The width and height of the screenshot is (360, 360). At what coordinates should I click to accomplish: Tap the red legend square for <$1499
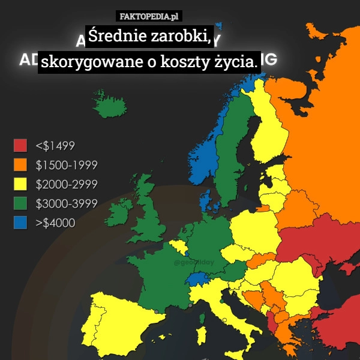pyautogui.click(x=20, y=145)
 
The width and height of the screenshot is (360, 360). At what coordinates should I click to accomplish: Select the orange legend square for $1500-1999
pyautogui.click(x=20, y=164)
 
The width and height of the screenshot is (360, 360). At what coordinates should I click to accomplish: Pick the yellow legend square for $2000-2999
pyautogui.click(x=20, y=184)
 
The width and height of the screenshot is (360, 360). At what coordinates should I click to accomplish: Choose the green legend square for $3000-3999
pyautogui.click(x=20, y=203)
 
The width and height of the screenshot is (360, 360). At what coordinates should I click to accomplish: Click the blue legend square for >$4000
pyautogui.click(x=20, y=223)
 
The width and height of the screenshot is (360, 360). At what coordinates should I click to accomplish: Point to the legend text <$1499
pyautogui.click(x=55, y=145)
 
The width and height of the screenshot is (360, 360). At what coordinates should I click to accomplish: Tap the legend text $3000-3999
pyautogui.click(x=67, y=203)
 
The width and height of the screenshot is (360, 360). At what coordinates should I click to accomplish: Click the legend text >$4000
pyautogui.click(x=55, y=223)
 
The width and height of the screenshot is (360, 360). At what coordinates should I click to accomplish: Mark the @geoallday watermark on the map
pyautogui.click(x=193, y=263)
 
